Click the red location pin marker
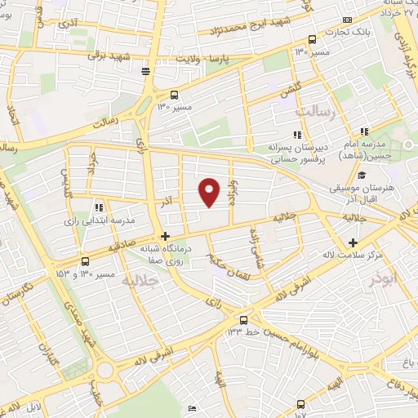[x=210, y=192]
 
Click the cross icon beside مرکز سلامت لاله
[x=353, y=242]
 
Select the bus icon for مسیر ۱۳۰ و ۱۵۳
[x=86, y=261]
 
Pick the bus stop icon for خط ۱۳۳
[x=243, y=319]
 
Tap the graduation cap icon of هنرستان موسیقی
[x=362, y=176]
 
